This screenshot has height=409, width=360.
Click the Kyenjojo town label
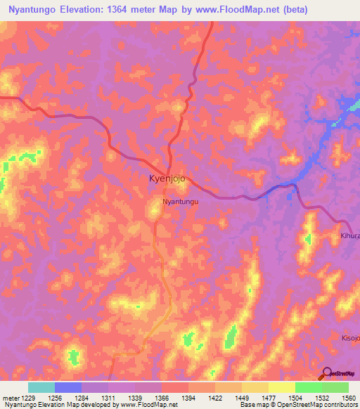tap(167, 178)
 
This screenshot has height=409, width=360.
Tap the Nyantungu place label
tap(181, 202)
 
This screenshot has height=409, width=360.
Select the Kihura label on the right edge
tap(349, 236)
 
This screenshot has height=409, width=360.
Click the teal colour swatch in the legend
tap(41, 387)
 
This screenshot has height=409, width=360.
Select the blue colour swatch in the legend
tap(68, 387)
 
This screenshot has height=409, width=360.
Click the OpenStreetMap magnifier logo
tap(327, 373)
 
